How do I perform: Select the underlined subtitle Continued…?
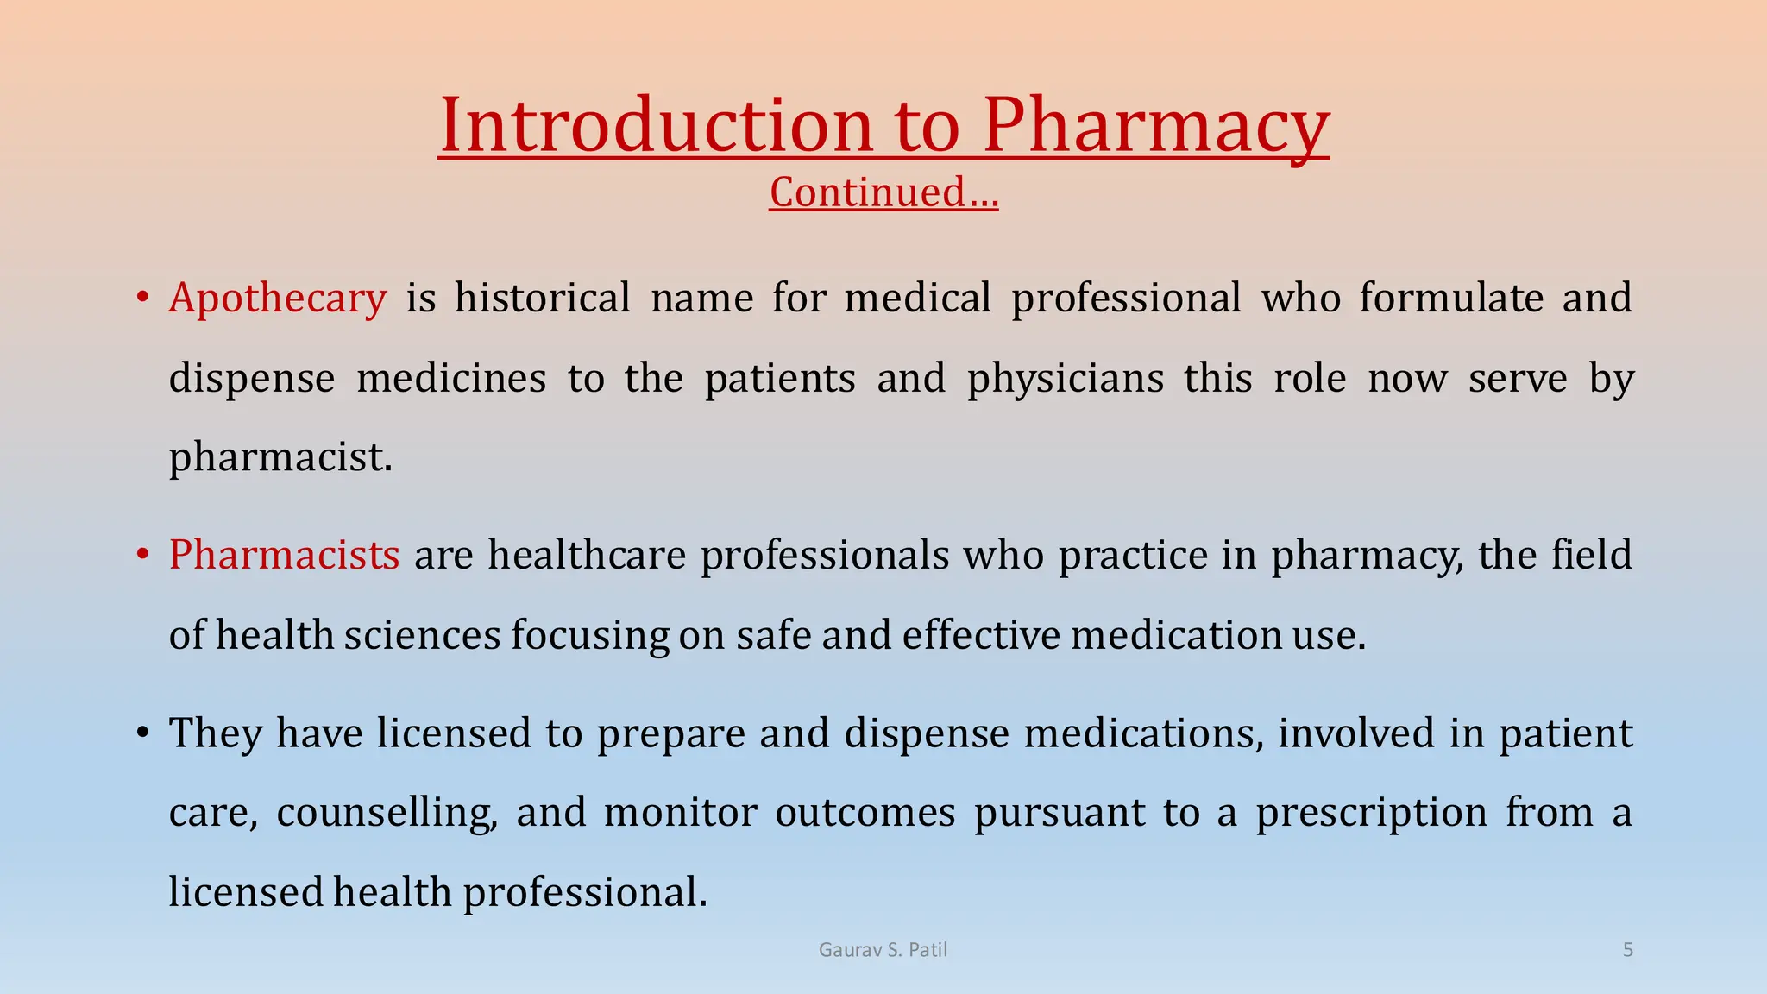(883, 192)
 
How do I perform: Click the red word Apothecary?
(278, 299)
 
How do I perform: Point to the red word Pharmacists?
(284, 554)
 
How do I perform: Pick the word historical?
(543, 299)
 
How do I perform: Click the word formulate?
(1451, 299)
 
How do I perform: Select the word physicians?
(1066, 379)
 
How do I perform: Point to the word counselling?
(387, 813)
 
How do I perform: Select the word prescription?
(1371, 813)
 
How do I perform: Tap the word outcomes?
(865, 813)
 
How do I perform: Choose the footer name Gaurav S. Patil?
(883, 950)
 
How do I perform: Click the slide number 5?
(1628, 950)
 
